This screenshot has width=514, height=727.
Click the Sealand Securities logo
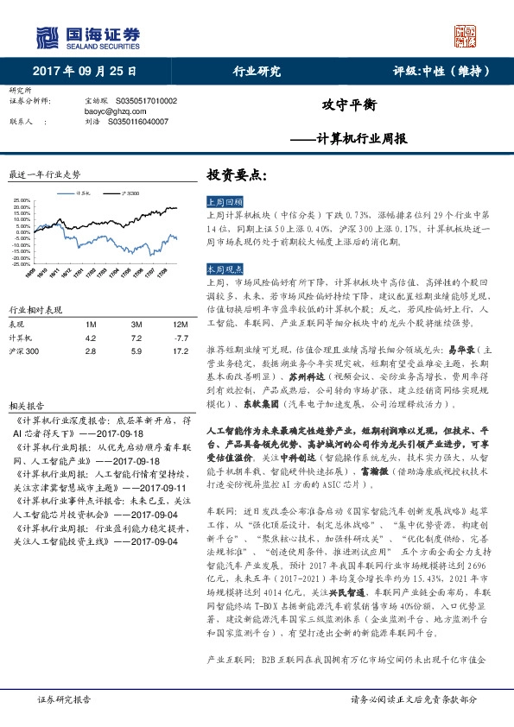pos(86,37)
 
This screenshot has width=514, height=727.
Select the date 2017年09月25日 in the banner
pos(85,72)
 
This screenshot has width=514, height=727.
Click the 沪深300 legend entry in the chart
pos(130,193)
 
